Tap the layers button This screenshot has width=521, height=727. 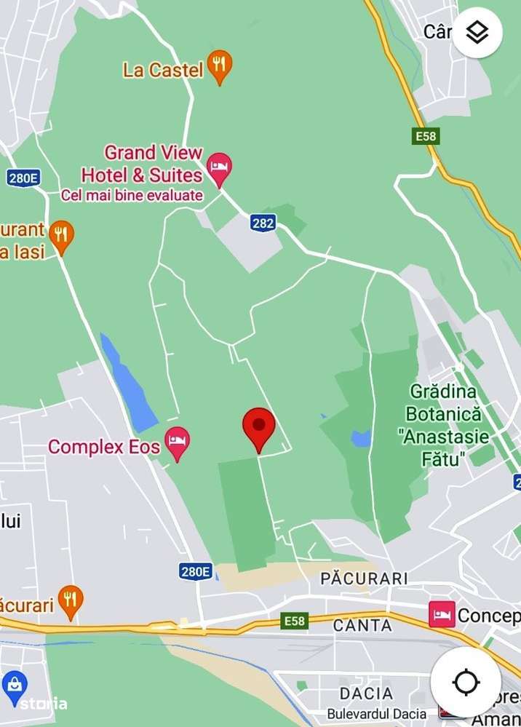coord(477,33)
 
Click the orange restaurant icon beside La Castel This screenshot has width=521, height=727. coord(219,68)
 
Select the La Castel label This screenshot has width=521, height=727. coord(163,70)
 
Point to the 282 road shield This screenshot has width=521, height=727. coord(263,223)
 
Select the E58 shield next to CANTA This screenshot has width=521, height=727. coord(295,621)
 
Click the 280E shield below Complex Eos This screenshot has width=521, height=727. coord(196,571)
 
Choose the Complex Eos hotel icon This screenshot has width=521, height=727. coord(177,442)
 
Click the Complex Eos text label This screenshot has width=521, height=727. coord(103,446)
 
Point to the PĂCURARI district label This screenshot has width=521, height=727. coord(364,578)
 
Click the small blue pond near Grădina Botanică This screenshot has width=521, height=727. coord(361,438)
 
